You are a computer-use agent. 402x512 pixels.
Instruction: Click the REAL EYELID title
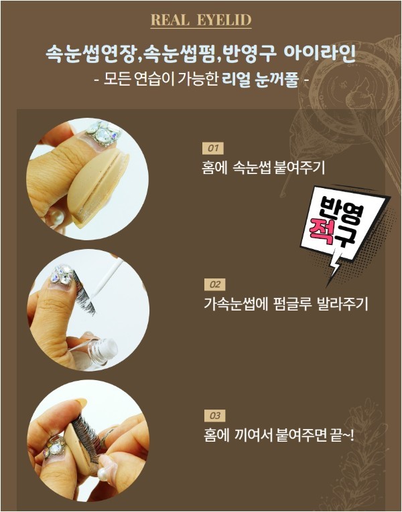pyautogui.click(x=201, y=20)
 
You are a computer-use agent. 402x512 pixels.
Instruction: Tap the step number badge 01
pyautogui.click(x=213, y=148)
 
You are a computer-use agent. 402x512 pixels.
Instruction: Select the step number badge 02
pyautogui.click(x=214, y=284)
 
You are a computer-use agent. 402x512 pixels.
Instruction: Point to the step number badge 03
pyautogui.click(x=214, y=416)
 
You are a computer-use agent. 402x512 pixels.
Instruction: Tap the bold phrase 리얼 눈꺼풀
pyautogui.click(x=260, y=80)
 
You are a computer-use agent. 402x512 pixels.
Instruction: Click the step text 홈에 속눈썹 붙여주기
pyautogui.click(x=263, y=168)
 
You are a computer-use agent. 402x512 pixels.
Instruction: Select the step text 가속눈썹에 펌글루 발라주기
pyautogui.click(x=286, y=304)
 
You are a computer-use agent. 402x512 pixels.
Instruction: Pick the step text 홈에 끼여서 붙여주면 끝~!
pyautogui.click(x=279, y=435)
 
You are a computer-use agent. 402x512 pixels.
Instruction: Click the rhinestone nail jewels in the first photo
pyautogui.click(x=103, y=134)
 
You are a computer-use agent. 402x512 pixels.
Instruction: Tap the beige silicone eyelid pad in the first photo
pyautogui.click(x=98, y=188)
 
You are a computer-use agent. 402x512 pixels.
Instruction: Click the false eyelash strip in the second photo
pyautogui.click(x=84, y=292)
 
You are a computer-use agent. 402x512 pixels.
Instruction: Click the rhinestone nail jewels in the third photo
pyautogui.click(x=54, y=445)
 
